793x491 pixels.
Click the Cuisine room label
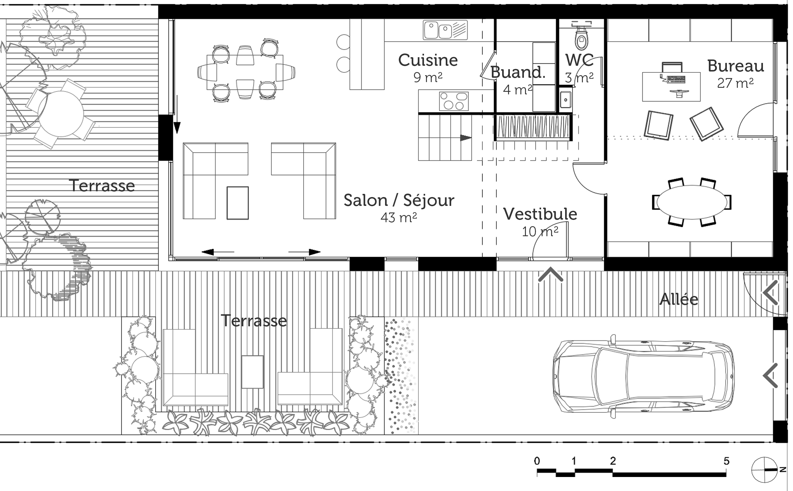coord(428,60)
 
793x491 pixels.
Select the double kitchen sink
coord(445,30)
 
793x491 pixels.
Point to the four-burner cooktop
coord(454,101)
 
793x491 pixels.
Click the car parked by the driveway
coord(644,377)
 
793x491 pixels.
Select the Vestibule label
coord(540,214)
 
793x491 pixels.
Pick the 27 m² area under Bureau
coord(735,83)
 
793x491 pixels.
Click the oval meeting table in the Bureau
coord(692,202)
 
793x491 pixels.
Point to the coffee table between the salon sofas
coord(238,203)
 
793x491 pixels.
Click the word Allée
coord(678,299)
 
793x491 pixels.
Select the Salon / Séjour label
coord(399,200)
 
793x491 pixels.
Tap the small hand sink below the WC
coord(565,100)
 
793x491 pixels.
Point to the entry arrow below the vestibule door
coord(551,275)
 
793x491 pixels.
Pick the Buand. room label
coord(518,72)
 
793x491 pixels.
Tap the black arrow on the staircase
coord(466,138)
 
